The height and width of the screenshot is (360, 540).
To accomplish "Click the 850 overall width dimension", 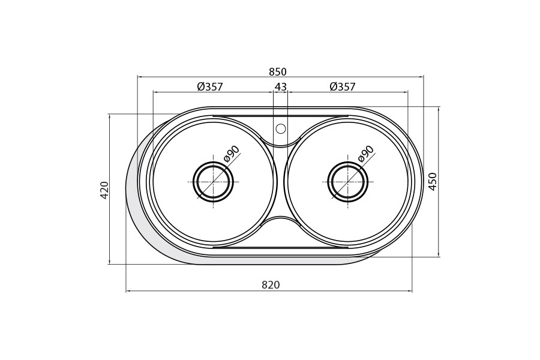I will pos(277,72).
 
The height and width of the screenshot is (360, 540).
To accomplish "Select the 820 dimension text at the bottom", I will pos(271,285).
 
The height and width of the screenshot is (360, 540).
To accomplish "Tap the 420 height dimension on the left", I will pos(104,190).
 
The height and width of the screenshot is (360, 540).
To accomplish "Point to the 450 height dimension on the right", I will pos(433,181).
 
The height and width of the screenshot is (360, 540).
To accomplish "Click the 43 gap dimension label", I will pos(280,87).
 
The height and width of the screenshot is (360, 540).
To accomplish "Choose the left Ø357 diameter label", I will pos(210,87).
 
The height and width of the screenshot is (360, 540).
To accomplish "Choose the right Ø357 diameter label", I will pos(343,87).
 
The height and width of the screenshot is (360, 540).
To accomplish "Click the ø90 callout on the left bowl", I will pos(232,154).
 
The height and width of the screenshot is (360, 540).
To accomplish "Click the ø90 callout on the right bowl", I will pos(366,154).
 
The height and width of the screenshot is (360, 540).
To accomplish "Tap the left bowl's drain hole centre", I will pos(213,182).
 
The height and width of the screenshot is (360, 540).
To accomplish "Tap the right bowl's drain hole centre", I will pos(348,182).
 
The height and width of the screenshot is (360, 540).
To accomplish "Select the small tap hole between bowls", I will pos(281,128).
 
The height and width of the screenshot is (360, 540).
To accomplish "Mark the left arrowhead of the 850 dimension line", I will pos(139,77).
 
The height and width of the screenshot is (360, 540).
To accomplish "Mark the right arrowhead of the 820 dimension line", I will pos(410,291).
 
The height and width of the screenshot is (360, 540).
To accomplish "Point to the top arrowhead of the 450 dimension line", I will pos(439,109).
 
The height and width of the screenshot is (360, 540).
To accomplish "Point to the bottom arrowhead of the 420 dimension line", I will pos(109,262).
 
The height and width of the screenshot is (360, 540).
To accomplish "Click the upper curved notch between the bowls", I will pos(281,144).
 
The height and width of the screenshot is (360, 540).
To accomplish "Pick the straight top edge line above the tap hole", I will pos(281,116).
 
